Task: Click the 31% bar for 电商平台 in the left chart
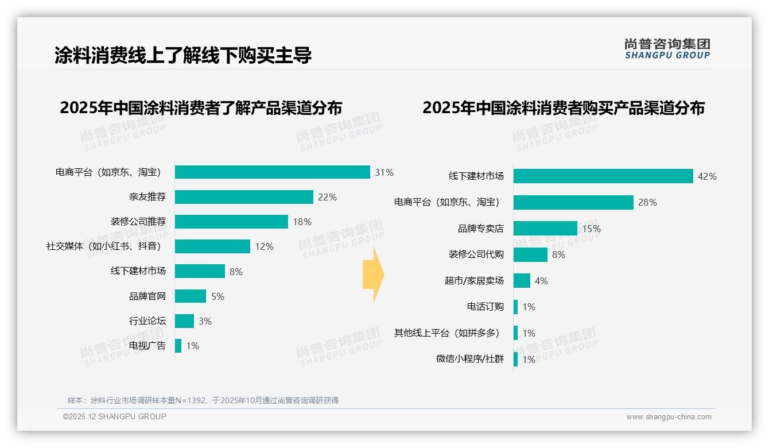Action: click(272, 172)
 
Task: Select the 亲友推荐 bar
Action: click(244, 197)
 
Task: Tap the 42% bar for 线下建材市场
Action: click(603, 176)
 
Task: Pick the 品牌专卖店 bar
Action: click(545, 229)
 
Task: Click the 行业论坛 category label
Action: click(147, 321)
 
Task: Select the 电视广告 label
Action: click(147, 346)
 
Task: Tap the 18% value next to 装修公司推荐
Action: click(302, 222)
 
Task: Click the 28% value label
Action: click(647, 202)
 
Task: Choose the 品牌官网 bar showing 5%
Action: click(190, 296)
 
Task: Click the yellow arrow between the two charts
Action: click(373, 275)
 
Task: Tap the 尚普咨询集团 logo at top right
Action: click(667, 48)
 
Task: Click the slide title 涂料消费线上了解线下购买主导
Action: click(183, 56)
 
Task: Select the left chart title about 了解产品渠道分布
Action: click(201, 108)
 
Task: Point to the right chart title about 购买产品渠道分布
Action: click(563, 108)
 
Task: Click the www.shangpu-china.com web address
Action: click(669, 417)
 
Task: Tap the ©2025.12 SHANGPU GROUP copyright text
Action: click(115, 416)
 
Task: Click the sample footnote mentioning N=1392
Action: click(203, 400)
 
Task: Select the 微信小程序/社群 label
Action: click(469, 359)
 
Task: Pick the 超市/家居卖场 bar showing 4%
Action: click(522, 281)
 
